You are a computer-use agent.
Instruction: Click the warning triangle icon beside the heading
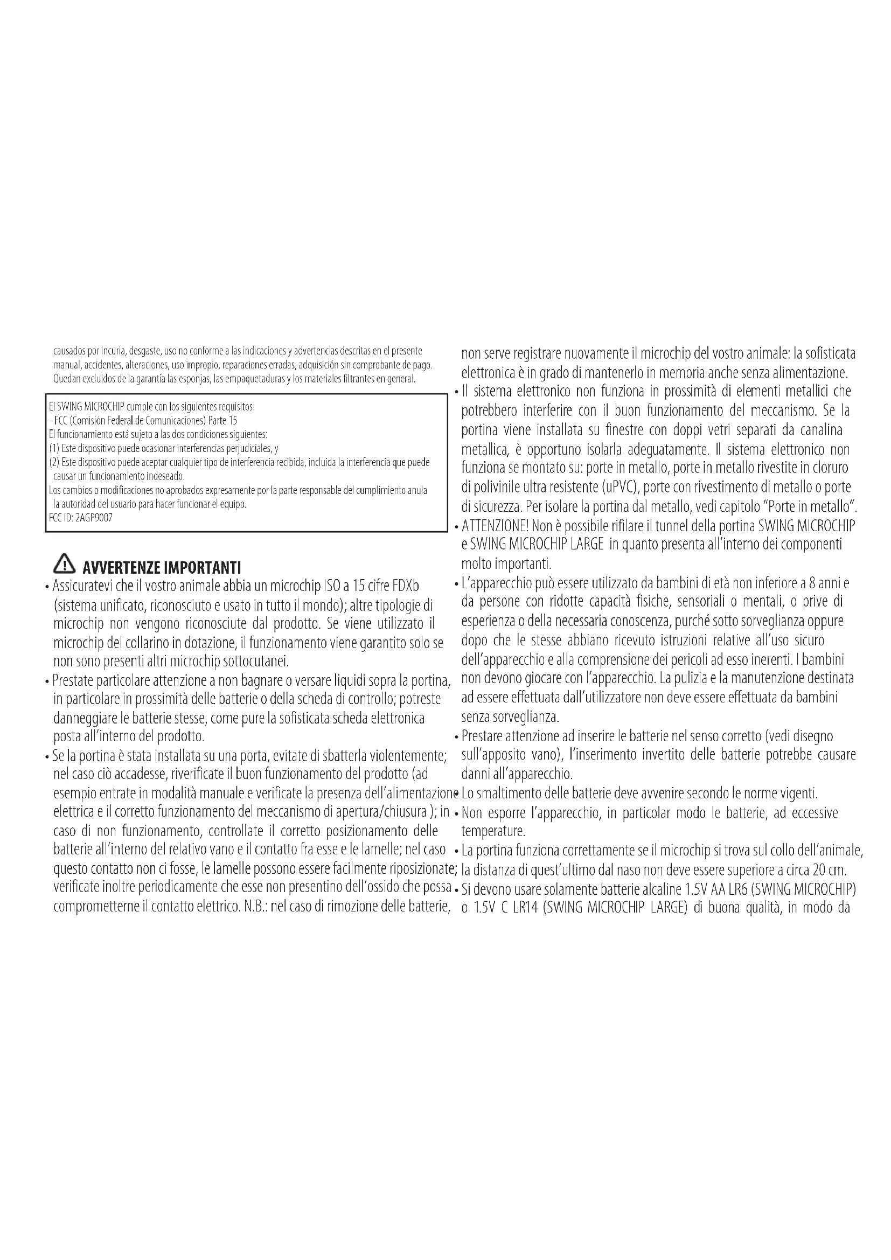[x=64, y=563]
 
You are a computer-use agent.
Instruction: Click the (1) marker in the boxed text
[x=54, y=448]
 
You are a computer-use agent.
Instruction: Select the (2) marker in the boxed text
[x=54, y=462]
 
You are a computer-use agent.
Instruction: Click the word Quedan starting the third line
[x=66, y=379]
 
